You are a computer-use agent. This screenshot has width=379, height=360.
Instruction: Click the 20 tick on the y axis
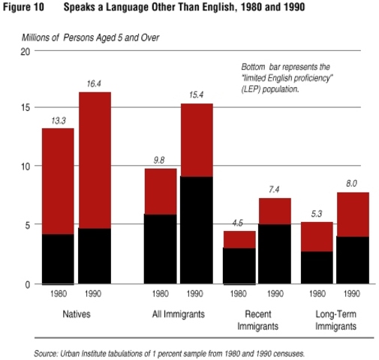click(25, 51)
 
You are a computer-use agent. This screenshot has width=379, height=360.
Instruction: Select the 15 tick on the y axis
click(25, 108)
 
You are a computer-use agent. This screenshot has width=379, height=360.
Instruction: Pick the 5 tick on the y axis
click(27, 225)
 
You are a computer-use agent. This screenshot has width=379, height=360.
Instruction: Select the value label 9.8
click(160, 160)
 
